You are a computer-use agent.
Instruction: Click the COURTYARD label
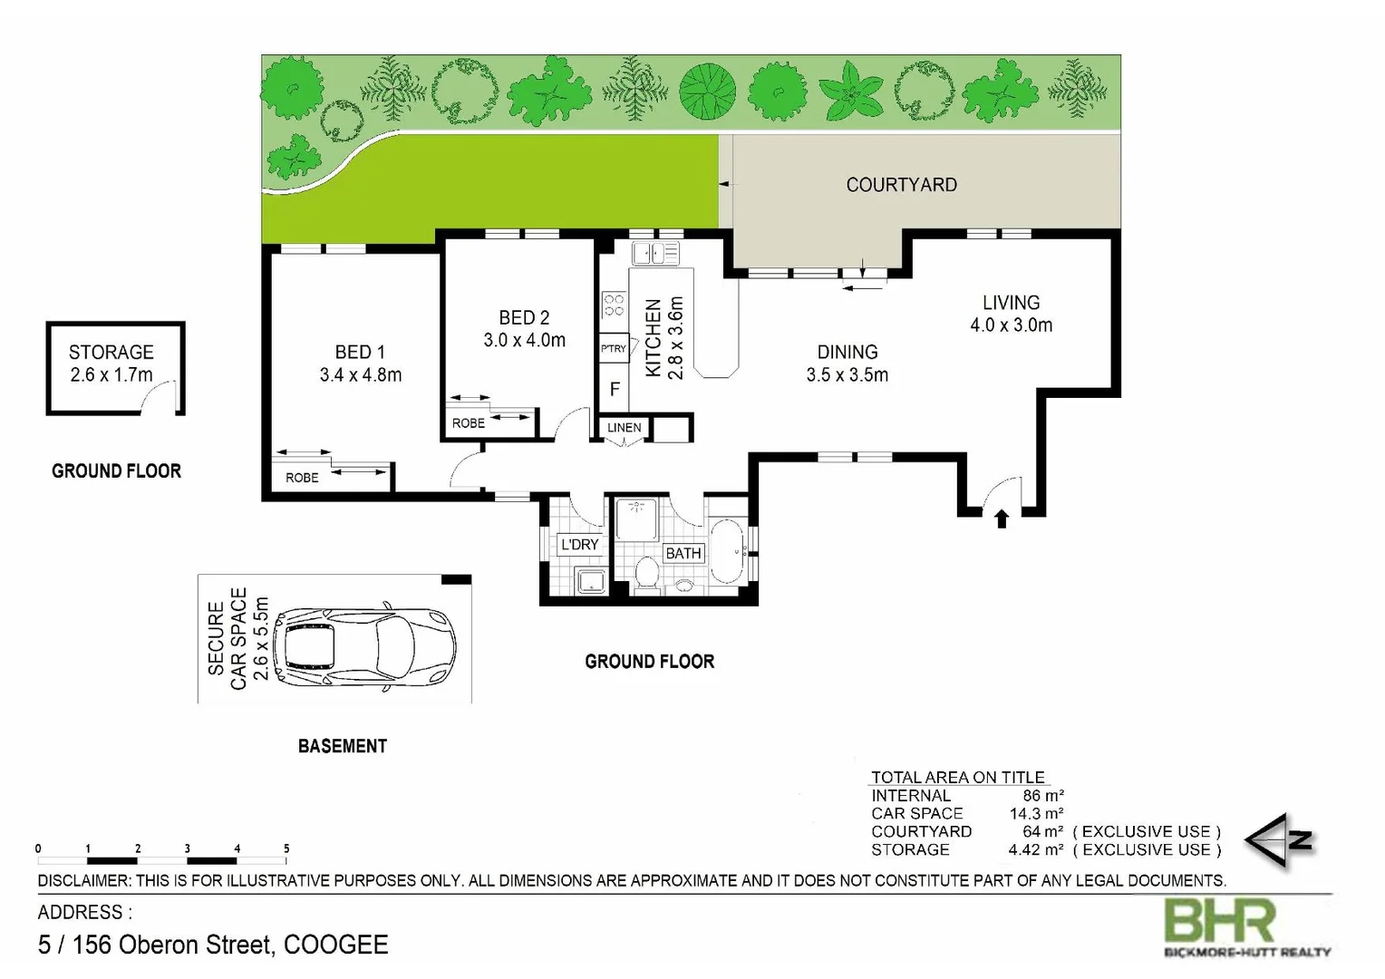tap(901, 185)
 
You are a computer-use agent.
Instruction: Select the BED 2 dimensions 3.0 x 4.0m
tap(524, 341)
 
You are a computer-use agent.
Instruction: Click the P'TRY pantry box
tap(614, 349)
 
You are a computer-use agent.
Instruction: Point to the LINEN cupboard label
tap(624, 428)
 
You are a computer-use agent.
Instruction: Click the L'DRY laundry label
tap(579, 545)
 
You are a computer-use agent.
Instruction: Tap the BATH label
tap(683, 554)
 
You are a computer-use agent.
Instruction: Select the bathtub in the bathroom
tap(727, 551)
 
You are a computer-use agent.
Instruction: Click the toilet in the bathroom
tap(647, 574)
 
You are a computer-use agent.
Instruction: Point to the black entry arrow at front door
tap(1002, 519)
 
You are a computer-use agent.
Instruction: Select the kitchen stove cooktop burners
tap(614, 305)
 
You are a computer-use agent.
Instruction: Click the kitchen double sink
tap(655, 253)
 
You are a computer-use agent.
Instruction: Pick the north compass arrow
tap(1279, 841)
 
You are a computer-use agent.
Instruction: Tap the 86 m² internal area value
tap(1042, 796)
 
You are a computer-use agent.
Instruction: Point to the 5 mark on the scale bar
tap(286, 849)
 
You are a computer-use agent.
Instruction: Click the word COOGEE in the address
tap(336, 945)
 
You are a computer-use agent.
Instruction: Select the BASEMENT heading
tap(343, 746)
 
